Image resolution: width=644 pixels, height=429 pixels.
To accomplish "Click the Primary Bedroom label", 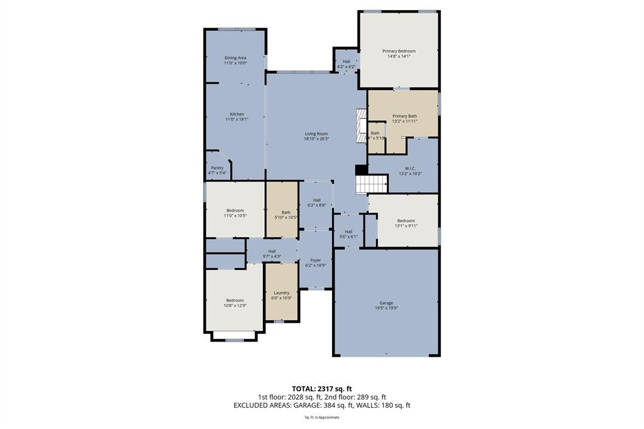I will tap(399, 51).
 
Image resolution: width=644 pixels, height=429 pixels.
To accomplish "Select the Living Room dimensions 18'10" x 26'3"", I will tap(316, 139).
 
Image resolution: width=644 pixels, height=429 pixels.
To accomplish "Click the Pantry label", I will tap(217, 168).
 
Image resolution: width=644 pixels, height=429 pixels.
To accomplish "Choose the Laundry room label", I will tap(281, 292).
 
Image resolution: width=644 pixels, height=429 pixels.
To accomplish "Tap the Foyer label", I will tap(316, 260).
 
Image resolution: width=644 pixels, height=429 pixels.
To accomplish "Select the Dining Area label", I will tap(235, 58).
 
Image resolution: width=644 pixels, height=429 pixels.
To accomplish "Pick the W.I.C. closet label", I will tap(410, 168).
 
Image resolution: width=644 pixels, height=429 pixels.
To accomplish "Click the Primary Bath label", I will tap(404, 116).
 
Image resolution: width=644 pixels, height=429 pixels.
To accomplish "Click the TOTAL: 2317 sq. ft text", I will tap(321, 388).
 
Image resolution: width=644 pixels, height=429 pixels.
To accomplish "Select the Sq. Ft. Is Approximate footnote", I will tap(321, 417).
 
